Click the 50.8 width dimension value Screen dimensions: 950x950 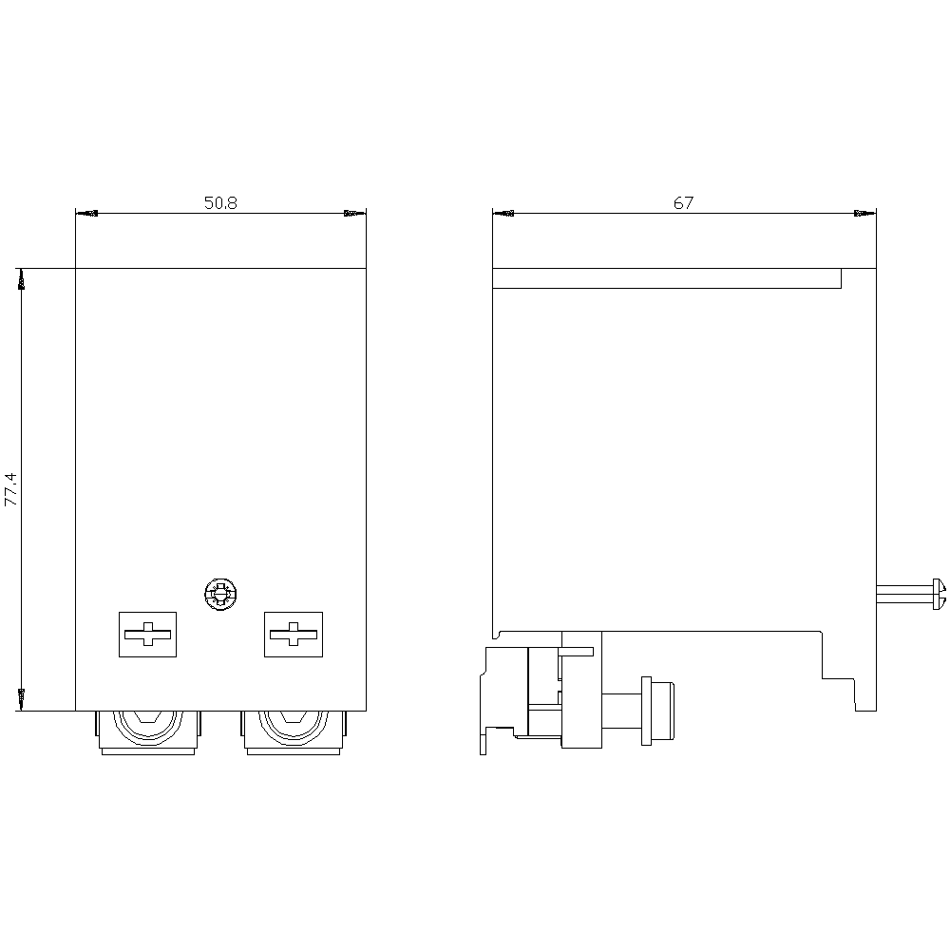tap(220, 203)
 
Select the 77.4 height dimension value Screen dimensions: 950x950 tap(12, 489)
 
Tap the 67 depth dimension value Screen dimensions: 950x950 tap(683, 203)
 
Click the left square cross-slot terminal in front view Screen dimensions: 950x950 tap(147, 635)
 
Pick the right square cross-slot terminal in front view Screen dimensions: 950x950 tap(294, 635)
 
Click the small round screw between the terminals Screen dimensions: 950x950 tap(220, 595)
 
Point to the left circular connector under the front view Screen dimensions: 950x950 tap(148, 731)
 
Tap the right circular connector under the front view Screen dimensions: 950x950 tap(294, 731)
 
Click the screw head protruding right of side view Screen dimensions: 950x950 tap(940, 594)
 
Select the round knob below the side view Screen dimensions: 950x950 tap(657, 711)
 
